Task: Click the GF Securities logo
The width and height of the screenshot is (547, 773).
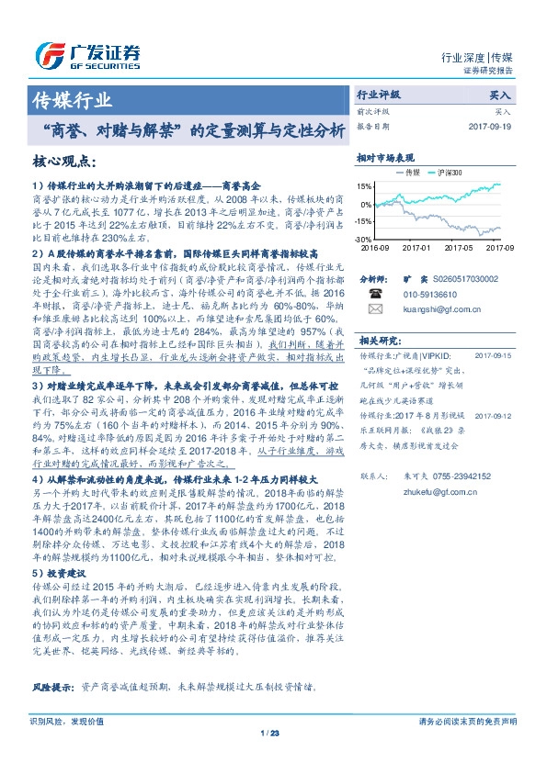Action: pyautogui.click(x=86, y=53)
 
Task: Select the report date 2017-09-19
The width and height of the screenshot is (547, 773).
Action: pyautogui.click(x=492, y=125)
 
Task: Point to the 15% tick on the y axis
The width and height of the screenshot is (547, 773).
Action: pyautogui.click(x=365, y=186)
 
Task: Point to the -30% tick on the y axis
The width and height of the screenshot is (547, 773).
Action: pyautogui.click(x=365, y=239)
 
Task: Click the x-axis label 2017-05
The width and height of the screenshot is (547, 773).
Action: pyautogui.click(x=457, y=247)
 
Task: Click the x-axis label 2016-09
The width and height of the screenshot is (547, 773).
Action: pyautogui.click(x=375, y=247)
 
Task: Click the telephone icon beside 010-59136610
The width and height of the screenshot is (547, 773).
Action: pyautogui.click(x=375, y=295)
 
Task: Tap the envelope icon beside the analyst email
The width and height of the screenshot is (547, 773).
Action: pyautogui.click(x=375, y=310)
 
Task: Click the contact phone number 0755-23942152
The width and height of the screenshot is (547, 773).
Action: pyautogui.click(x=451, y=476)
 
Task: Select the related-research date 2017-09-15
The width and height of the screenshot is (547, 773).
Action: pyautogui.click(x=494, y=354)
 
